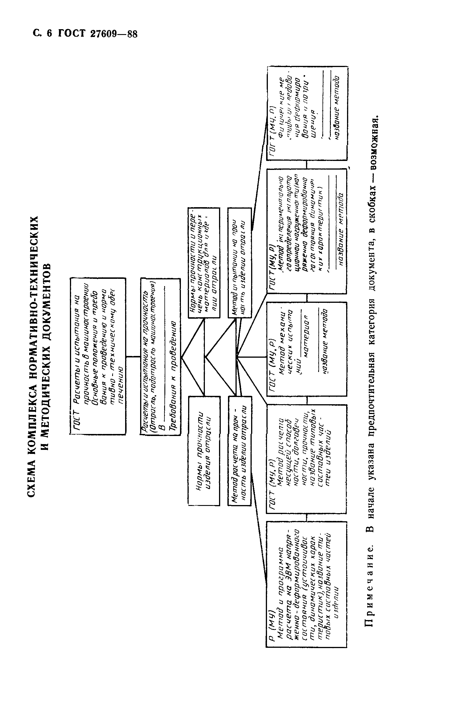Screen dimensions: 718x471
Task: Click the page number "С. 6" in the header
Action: click(42, 33)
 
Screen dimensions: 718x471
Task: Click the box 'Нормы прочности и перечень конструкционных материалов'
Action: click(204, 262)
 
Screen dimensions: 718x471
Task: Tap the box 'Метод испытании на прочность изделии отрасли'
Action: click(240, 262)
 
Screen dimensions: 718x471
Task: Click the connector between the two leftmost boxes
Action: click(133, 357)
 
